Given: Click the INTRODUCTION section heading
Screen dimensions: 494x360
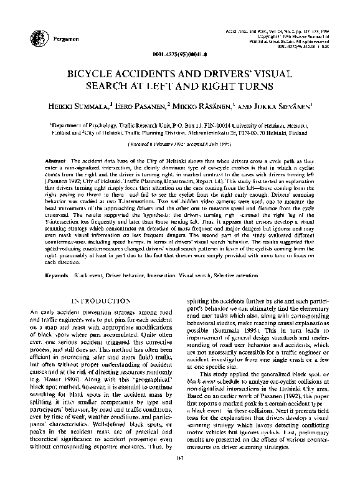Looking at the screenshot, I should point(101,301).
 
